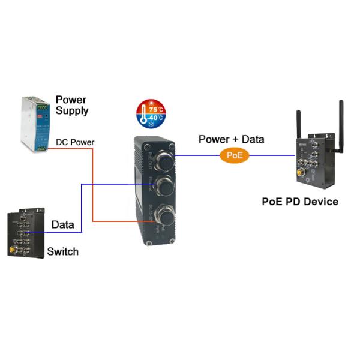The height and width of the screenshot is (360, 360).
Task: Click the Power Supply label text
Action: click(x=71, y=105)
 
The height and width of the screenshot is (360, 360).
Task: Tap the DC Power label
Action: click(x=75, y=142)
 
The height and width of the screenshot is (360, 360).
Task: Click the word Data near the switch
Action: click(x=62, y=225)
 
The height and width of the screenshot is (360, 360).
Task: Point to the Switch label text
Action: click(x=62, y=251)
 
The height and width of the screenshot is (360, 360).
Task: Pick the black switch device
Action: click(x=23, y=233)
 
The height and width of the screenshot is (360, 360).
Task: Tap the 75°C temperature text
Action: click(x=157, y=110)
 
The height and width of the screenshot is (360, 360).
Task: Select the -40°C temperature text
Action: click(x=156, y=118)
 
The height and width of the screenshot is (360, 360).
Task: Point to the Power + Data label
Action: click(x=232, y=140)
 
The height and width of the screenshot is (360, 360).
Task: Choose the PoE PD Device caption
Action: click(x=299, y=202)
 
